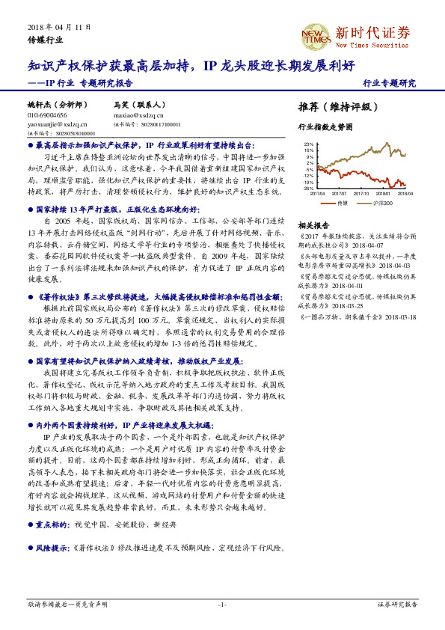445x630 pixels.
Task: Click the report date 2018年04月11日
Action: click(59, 26)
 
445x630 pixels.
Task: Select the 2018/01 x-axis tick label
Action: click(384, 193)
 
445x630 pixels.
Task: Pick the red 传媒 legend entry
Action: click(337, 203)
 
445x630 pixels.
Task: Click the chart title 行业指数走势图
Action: click(325, 127)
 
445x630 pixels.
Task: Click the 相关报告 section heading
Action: click(313, 225)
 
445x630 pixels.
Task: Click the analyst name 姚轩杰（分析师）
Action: click(58, 105)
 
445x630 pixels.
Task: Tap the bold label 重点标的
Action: click(50, 525)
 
